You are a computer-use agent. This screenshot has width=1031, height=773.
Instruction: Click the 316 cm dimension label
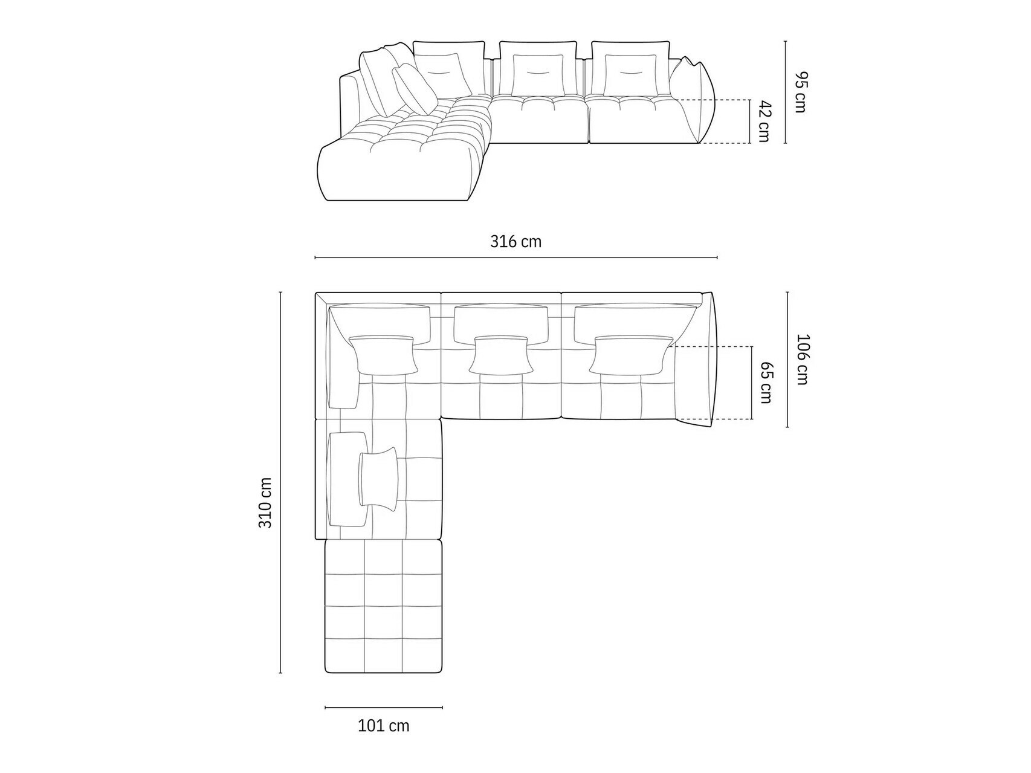[x=515, y=242]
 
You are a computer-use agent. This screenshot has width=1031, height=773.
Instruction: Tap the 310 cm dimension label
[x=265, y=502]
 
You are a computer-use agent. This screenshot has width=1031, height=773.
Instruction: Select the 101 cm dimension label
[x=384, y=725]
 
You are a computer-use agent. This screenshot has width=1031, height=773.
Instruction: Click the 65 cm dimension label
[x=766, y=383]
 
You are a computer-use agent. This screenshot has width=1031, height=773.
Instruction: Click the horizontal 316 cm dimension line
[x=515, y=258]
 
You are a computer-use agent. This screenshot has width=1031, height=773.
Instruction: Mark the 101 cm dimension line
[x=383, y=707]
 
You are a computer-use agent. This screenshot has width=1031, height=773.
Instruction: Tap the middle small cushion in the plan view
[x=501, y=355]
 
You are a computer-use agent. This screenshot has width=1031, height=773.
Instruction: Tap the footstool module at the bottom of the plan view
[x=383, y=606]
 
